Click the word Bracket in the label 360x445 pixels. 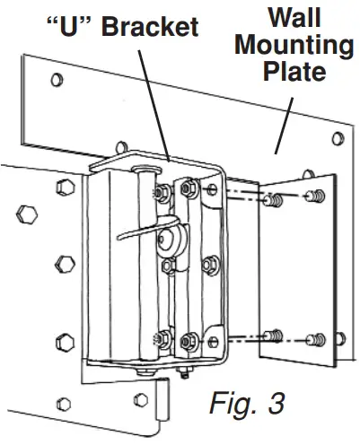click(x=148, y=26)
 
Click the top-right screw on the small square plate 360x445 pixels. click(x=316, y=195)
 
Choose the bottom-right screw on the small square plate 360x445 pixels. click(x=316, y=338)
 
